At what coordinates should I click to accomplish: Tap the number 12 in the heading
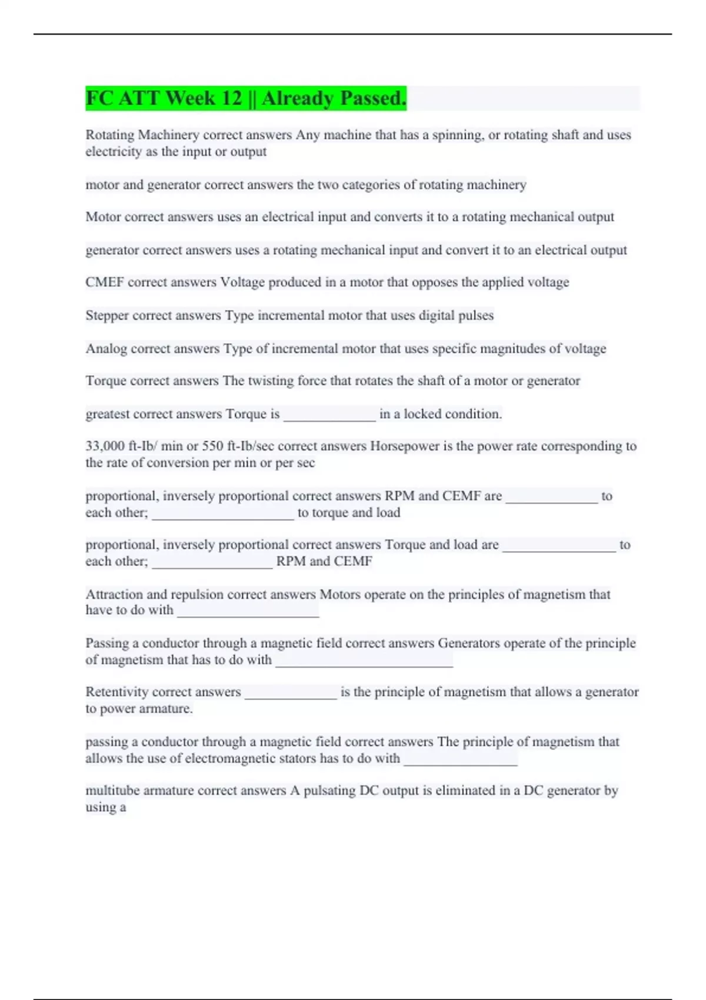tap(231, 98)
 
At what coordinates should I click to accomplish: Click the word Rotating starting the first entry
tap(110, 135)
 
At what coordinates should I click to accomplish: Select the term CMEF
tap(104, 282)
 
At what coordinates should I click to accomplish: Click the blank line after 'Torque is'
tap(329, 419)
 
